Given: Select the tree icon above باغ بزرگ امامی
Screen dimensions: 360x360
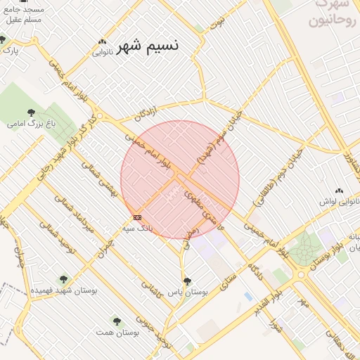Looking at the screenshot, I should tap(32, 112).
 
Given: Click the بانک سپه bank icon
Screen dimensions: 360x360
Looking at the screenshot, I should tap(137, 218).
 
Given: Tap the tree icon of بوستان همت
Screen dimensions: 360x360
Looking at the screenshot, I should tap(117, 321).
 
